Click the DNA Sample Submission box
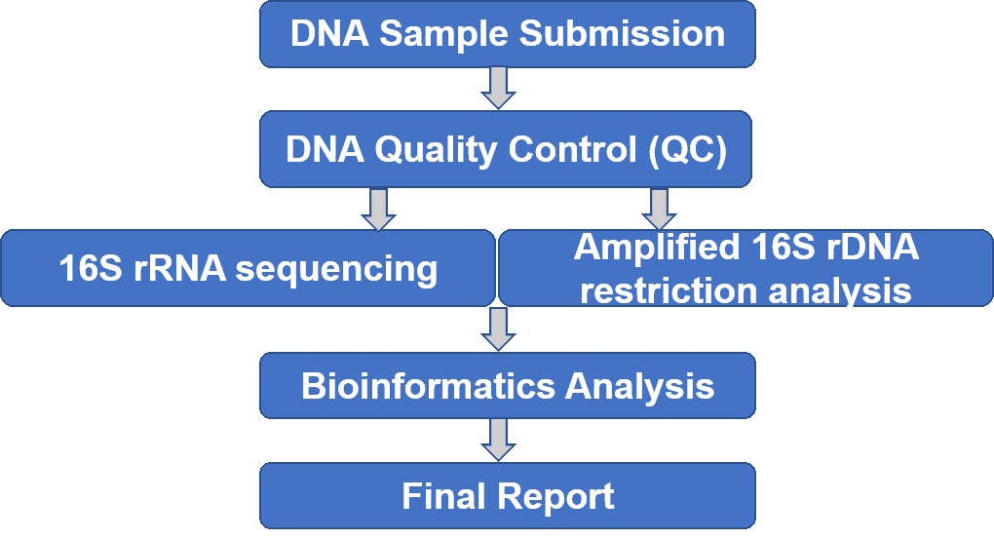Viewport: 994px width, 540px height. (507, 33)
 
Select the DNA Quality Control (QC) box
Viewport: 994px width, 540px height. (505, 149)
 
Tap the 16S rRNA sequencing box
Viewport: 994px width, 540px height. (248, 268)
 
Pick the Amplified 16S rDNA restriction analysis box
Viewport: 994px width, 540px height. (746, 268)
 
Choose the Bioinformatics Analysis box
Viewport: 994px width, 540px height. (507, 385)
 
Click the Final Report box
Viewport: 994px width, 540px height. (507, 495)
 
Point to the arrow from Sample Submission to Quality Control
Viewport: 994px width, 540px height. (498, 88)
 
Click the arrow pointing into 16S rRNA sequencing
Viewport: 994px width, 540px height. (378, 210)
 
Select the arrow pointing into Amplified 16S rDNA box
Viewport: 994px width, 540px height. (660, 210)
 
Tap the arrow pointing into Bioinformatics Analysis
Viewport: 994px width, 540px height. (498, 328)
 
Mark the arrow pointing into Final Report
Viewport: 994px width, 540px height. (498, 440)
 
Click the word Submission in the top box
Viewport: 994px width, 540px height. (622, 33)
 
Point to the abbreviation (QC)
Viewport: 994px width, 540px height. (688, 150)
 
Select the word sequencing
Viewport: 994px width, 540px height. (336, 270)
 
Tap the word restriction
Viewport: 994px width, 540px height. (669, 290)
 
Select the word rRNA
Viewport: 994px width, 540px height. (180, 268)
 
